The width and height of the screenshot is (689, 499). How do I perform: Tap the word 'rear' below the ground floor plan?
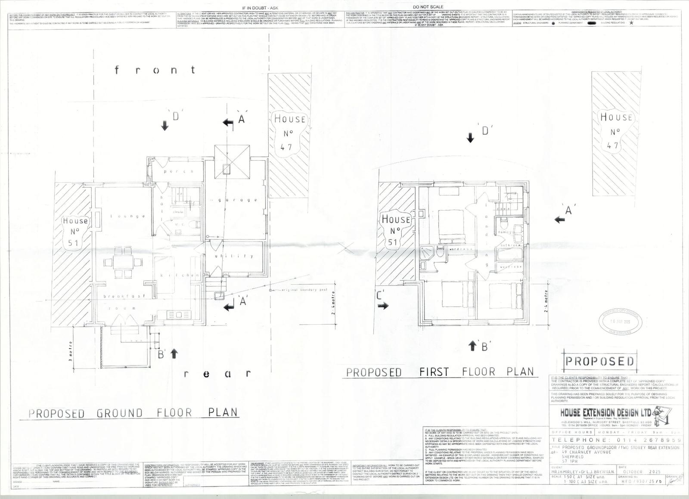click(217, 373)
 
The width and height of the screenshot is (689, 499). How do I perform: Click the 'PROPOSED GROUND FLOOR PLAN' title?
click(133, 413)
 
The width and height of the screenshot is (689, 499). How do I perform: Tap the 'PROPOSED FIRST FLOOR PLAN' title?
click(440, 372)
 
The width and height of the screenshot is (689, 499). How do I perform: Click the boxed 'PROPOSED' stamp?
click(599, 361)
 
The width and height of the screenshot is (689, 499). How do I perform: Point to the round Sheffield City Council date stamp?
click(620, 322)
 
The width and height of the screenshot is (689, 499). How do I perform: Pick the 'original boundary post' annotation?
click(304, 290)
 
